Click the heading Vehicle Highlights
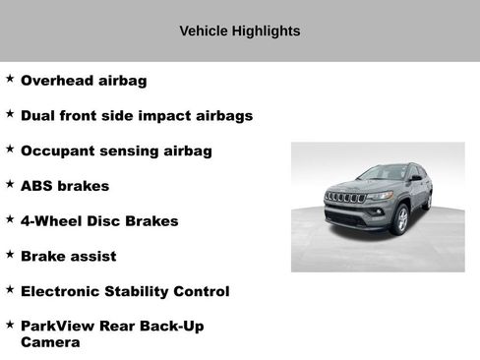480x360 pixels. tap(240, 31)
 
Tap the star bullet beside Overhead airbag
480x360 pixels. tap(10, 78)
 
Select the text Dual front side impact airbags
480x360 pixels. tap(137, 116)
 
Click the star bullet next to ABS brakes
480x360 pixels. tap(10, 183)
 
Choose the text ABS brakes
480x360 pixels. tap(65, 186)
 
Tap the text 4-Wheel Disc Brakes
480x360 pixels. tap(99, 221)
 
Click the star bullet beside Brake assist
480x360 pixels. tap(10, 254)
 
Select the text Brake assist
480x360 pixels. tap(68, 257)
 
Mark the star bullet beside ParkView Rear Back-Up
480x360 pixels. tap(10, 324)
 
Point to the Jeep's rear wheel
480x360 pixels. tap(427, 201)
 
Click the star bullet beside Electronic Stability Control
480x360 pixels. tap(10, 289)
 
